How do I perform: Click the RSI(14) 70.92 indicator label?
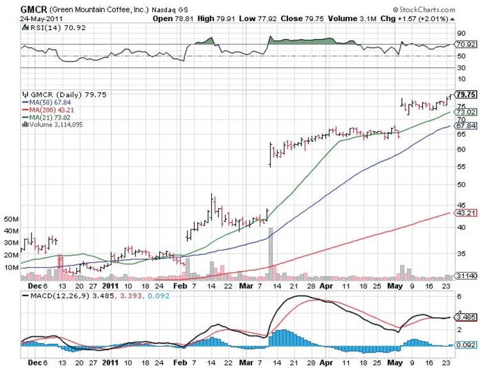point(49,27)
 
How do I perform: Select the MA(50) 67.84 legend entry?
point(49,102)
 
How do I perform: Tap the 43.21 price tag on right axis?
point(465,213)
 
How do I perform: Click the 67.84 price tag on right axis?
point(465,126)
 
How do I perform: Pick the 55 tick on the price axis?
point(460,166)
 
